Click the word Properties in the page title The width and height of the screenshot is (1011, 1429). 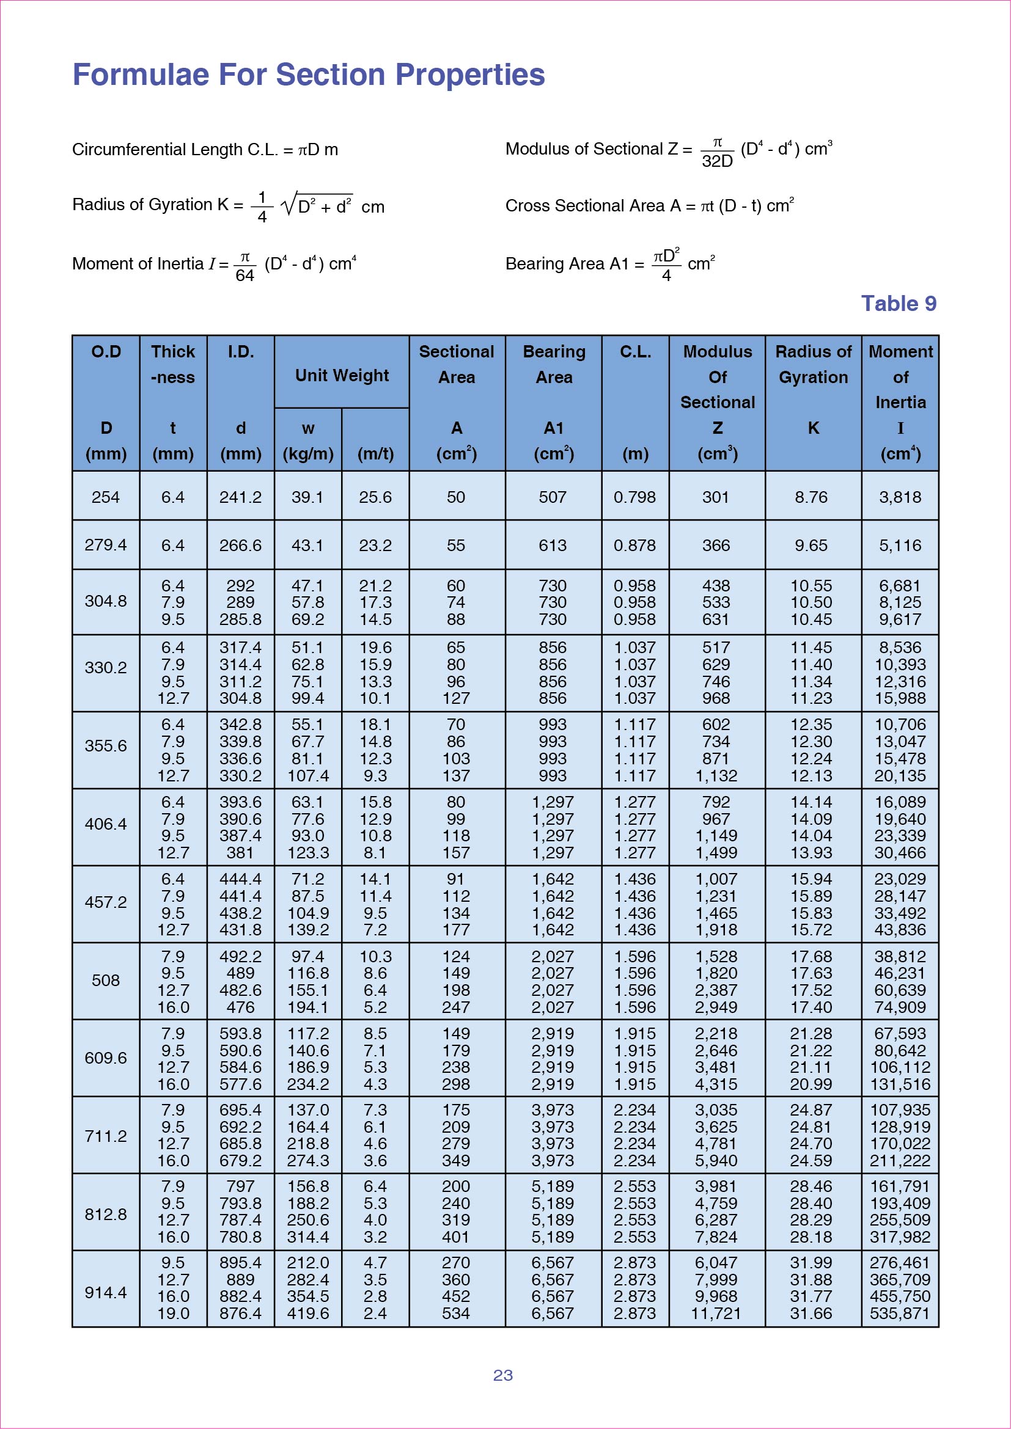pos(470,75)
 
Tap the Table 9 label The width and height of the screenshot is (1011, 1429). pos(899,304)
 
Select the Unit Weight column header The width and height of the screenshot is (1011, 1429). pos(342,375)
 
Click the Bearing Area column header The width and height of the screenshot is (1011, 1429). pos(553,364)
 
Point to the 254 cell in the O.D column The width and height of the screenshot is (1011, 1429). pos(106,497)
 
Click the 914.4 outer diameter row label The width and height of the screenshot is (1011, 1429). pos(106,1293)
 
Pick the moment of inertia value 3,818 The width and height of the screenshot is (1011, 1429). pos(900,497)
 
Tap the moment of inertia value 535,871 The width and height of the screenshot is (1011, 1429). pos(900,1314)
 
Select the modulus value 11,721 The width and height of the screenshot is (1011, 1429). pos(716,1314)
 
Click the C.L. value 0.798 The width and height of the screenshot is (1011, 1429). pos(634,497)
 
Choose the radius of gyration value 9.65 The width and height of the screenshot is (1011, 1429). pos(811,546)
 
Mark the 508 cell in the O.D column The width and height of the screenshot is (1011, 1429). pos(106,980)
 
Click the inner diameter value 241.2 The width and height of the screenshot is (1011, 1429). pos(240,497)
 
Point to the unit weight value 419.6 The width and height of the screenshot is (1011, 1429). pos(307,1314)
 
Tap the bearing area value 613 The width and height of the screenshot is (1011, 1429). pos(553,546)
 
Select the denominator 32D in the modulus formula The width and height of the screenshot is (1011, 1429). pos(717,162)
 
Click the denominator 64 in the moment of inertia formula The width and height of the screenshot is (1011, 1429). pos(244,275)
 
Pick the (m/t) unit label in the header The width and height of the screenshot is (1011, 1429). pos(375,455)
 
